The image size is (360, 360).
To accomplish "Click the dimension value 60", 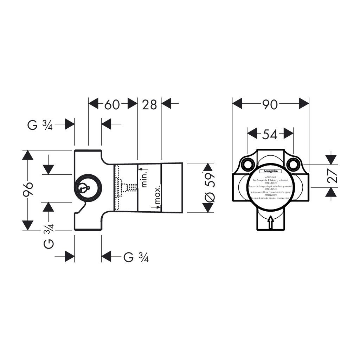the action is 112,104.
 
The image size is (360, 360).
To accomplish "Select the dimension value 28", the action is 149,104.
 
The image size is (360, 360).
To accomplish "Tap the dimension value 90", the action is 270,104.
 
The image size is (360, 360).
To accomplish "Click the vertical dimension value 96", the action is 30,190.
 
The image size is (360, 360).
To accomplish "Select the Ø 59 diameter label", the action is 209,188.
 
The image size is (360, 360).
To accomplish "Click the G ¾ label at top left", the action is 40,125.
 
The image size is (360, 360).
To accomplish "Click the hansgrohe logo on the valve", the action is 270,171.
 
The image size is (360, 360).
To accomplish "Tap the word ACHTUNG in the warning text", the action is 271,177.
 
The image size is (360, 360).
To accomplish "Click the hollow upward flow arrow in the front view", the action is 270,223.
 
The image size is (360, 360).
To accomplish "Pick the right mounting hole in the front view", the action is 293,164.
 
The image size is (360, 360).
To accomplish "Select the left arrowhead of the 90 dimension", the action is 238,104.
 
